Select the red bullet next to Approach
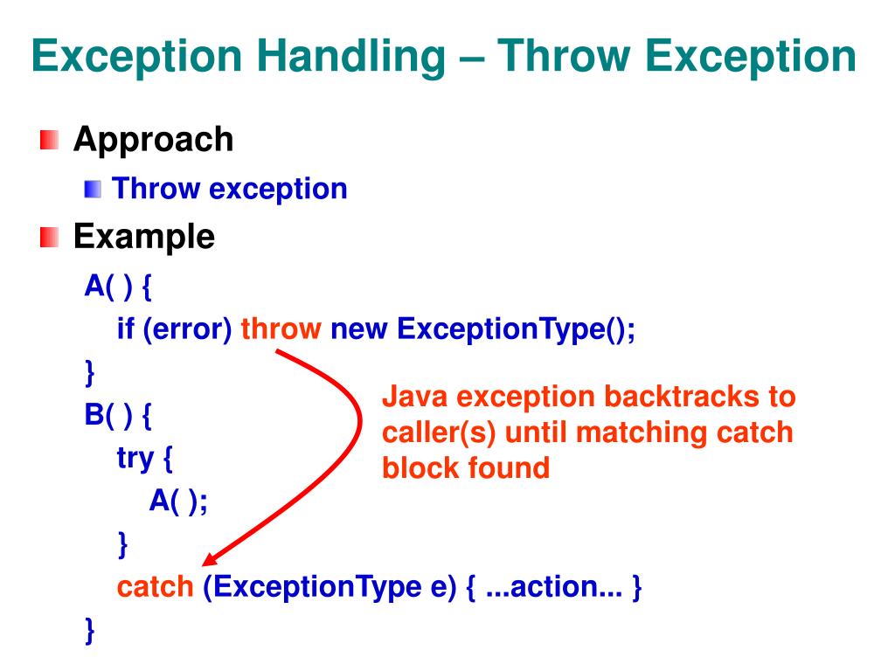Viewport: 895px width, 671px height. [x=50, y=140]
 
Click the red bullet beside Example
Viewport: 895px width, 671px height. [x=50, y=237]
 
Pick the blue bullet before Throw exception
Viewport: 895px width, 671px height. [x=94, y=189]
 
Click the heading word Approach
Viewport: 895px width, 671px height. [x=153, y=140]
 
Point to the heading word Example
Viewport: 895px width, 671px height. [x=143, y=237]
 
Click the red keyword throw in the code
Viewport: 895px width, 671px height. [x=281, y=329]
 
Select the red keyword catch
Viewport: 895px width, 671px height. [x=155, y=587]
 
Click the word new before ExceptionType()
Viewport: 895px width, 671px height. [x=359, y=329]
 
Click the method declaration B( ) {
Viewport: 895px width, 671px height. [x=118, y=414]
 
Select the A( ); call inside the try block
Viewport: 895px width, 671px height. [x=178, y=501]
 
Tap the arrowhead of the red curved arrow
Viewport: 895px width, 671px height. [x=212, y=560]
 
